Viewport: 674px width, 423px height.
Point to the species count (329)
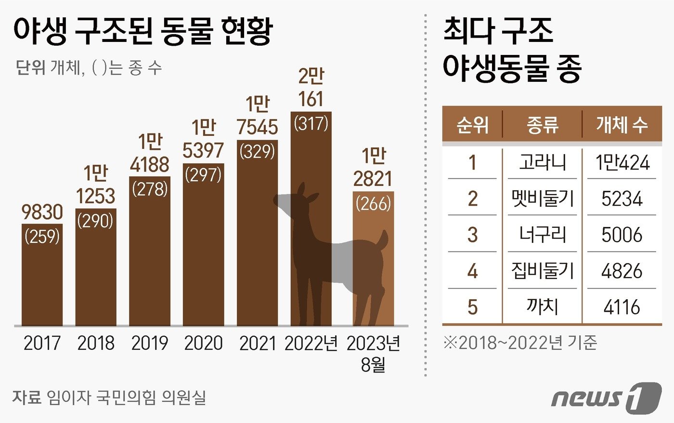(x=258, y=152)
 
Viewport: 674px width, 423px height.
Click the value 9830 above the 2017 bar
(x=42, y=212)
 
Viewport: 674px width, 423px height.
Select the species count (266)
(x=373, y=203)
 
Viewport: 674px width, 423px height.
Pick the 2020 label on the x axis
(x=204, y=343)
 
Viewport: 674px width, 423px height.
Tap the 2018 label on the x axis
(x=96, y=343)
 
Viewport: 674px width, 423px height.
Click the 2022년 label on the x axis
(x=311, y=343)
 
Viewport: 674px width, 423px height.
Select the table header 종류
(x=542, y=125)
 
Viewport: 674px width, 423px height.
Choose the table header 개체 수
(x=622, y=125)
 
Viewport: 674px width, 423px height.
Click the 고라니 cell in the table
(x=542, y=162)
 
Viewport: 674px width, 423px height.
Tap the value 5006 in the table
(x=622, y=235)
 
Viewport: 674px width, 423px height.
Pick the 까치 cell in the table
(x=542, y=306)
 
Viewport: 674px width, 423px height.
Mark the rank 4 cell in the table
(x=472, y=271)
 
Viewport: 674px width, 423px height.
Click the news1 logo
(x=606, y=397)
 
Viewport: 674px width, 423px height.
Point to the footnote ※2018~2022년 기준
(x=519, y=343)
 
